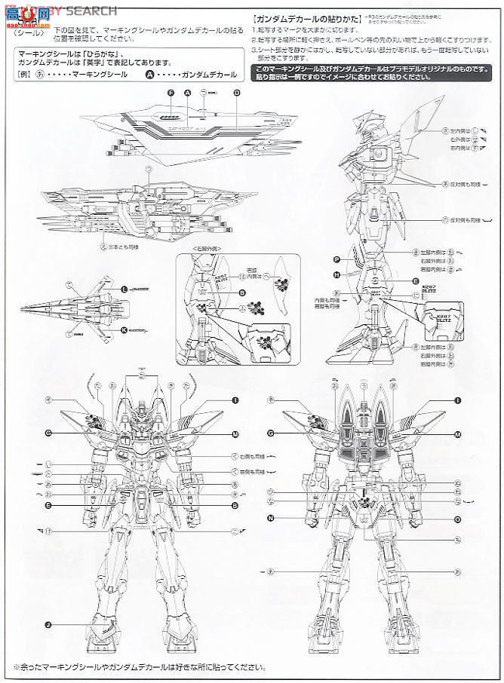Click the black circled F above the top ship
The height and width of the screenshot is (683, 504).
point(171,93)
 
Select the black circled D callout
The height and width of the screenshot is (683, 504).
point(236,93)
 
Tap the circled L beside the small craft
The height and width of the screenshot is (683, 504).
point(123,289)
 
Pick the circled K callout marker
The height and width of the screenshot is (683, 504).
point(123,329)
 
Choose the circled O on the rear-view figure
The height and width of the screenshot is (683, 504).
point(458,520)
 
